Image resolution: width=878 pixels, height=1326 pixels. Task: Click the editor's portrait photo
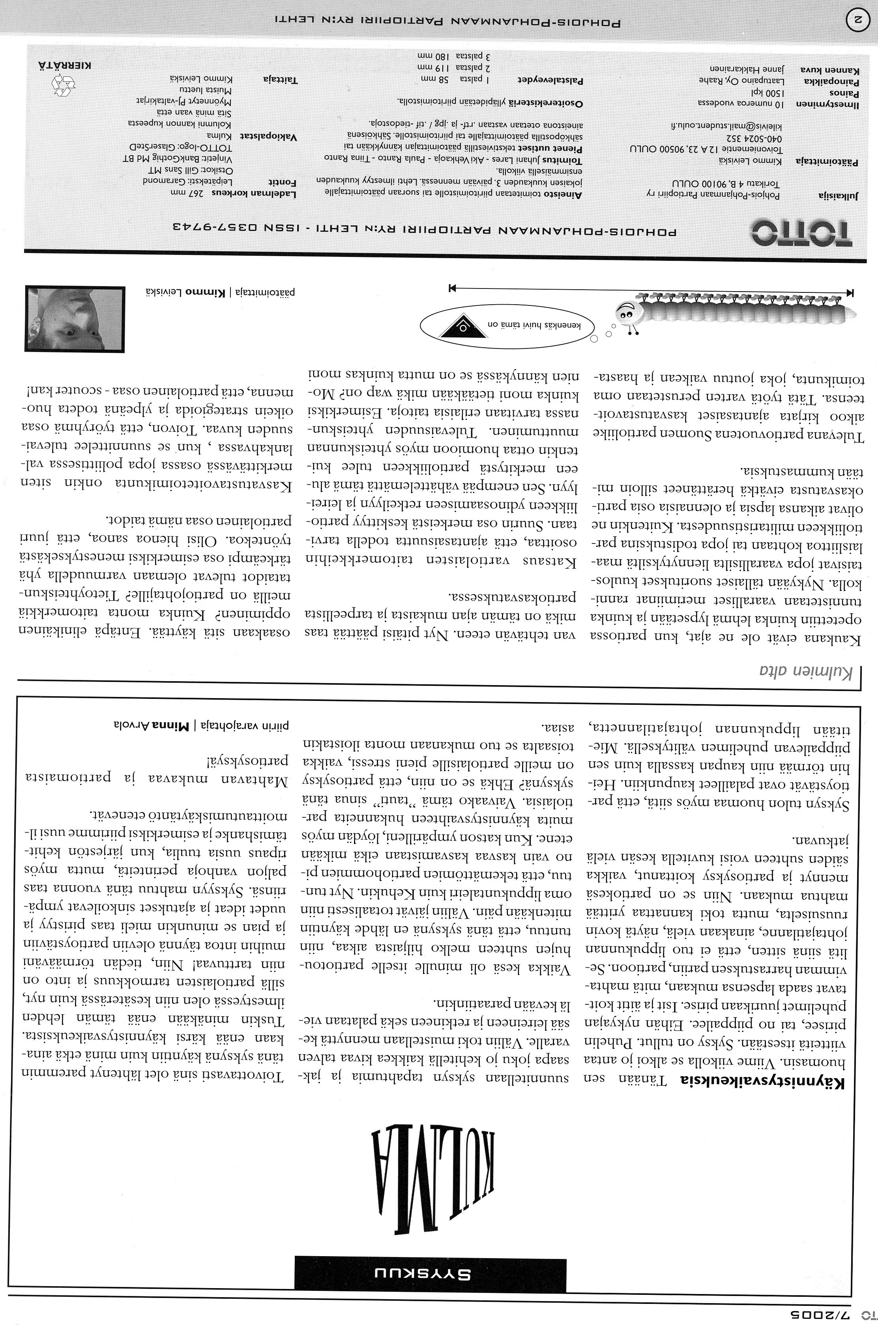75,318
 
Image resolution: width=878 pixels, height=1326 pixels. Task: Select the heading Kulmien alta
806,671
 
